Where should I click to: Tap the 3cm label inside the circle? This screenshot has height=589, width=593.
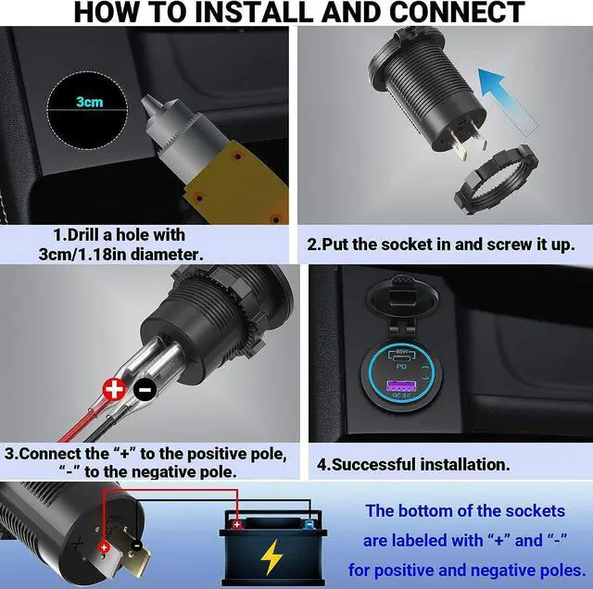[x=90, y=102]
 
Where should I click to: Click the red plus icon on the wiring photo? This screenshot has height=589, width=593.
[x=113, y=390]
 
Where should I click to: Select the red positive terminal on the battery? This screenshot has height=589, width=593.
[x=237, y=524]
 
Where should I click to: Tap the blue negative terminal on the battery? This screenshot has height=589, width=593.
[x=308, y=524]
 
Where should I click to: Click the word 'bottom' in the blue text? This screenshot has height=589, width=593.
[x=439, y=510]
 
